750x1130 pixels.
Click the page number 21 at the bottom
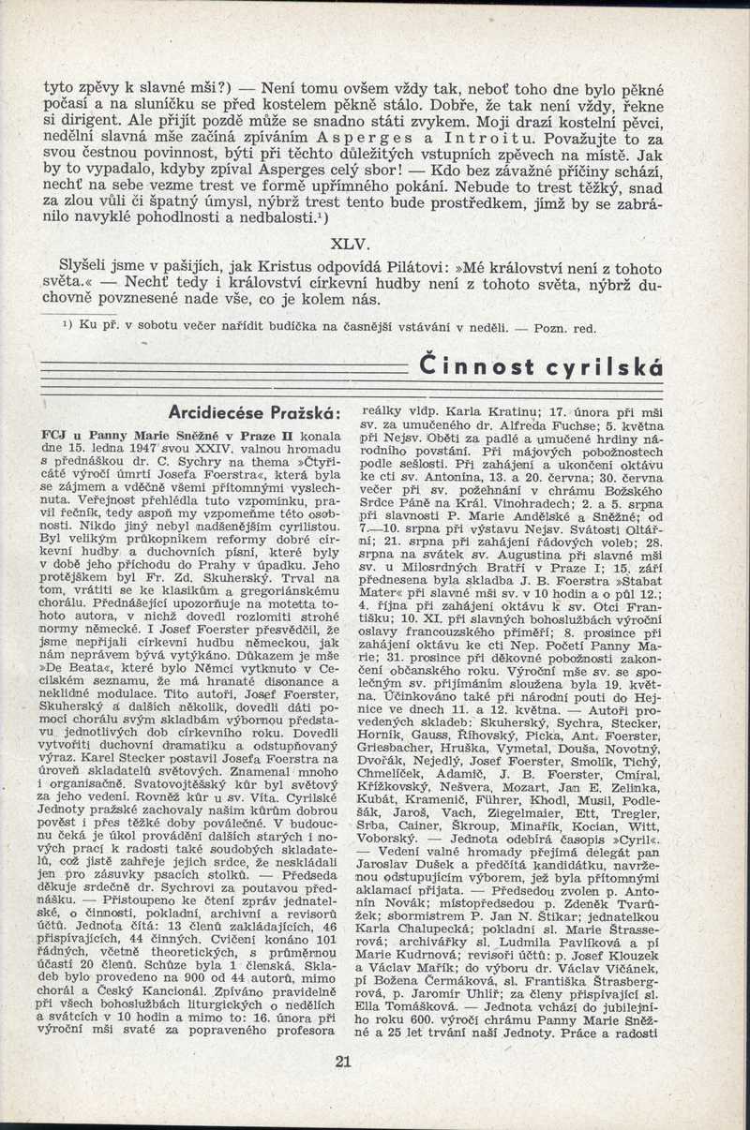341,1061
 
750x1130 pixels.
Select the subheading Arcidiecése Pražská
252,411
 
